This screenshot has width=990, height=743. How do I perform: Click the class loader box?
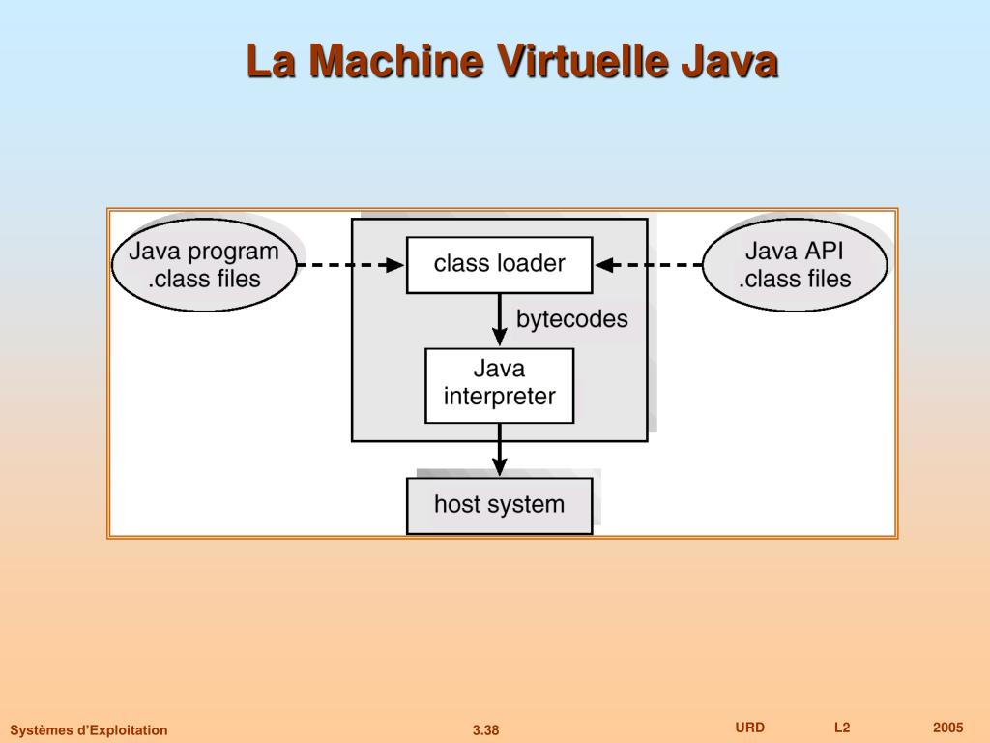coord(499,264)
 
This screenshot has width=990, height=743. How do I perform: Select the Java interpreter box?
coord(499,385)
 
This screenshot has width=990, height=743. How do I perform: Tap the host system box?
coord(499,505)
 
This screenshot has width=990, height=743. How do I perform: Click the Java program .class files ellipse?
coord(204,265)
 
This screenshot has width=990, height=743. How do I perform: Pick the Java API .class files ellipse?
coord(795,265)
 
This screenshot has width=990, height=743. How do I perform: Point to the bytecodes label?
coord(571,319)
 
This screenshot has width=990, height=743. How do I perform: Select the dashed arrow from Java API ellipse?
coord(649,264)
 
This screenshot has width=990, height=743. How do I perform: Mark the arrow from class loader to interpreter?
coord(499,320)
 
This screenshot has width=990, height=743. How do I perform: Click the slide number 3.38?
coord(485,730)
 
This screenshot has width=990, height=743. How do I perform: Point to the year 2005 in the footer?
coord(948,728)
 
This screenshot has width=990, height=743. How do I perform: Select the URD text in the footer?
coord(749,728)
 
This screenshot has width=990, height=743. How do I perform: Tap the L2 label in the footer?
coord(842,728)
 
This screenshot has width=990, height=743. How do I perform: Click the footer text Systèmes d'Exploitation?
coord(89,730)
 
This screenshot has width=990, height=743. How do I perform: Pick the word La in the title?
coord(271,62)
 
